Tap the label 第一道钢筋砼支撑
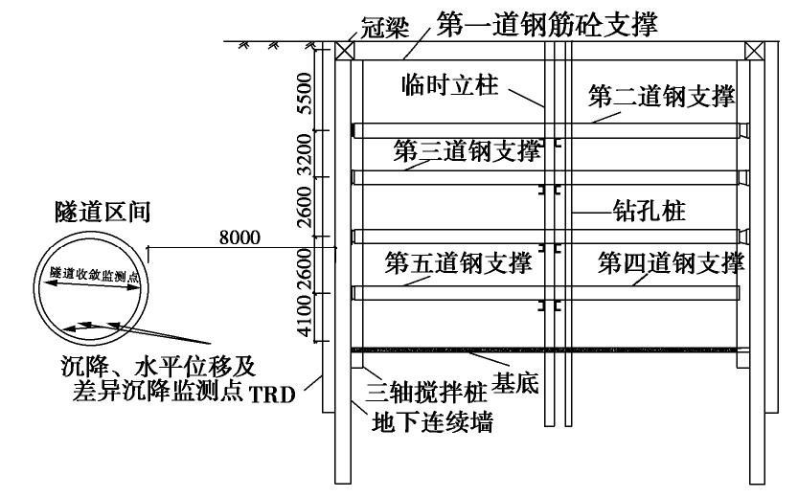point(546,24)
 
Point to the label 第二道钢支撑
point(661,96)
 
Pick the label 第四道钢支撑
point(671,261)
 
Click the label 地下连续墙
point(433,419)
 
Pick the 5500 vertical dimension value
point(305,94)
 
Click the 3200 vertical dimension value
point(305,153)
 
